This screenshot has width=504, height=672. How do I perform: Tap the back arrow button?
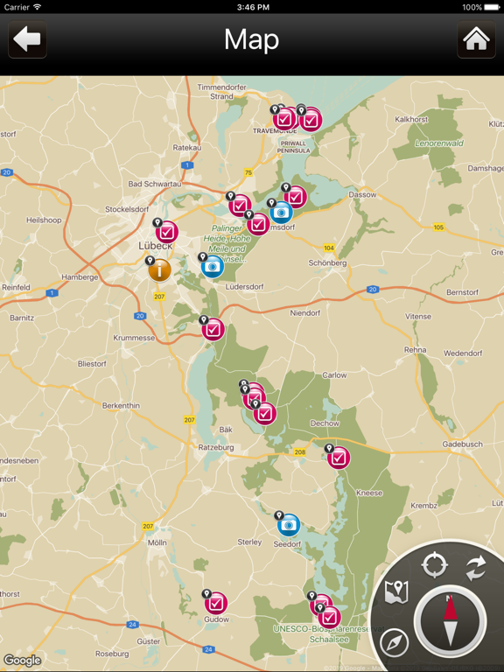(27, 39)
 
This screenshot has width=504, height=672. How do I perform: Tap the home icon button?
(476, 39)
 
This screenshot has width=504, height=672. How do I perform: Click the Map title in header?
(251, 39)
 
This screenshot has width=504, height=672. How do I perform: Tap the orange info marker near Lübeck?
(159, 269)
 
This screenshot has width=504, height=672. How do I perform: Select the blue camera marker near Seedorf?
(289, 524)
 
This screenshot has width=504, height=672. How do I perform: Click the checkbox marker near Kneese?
(339, 457)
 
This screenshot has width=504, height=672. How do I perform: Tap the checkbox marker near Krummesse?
(213, 329)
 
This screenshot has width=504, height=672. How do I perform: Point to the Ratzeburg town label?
(215, 447)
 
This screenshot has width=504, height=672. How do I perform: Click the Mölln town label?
(157, 542)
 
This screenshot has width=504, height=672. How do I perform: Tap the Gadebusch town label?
(462, 444)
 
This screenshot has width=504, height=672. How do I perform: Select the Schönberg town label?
(327, 262)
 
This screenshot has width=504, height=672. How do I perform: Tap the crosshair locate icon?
(435, 564)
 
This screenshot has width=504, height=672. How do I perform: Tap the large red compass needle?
(450, 620)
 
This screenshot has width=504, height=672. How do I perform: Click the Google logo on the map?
(22, 661)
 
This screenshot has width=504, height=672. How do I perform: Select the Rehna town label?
(415, 349)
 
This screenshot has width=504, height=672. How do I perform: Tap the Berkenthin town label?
(121, 405)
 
